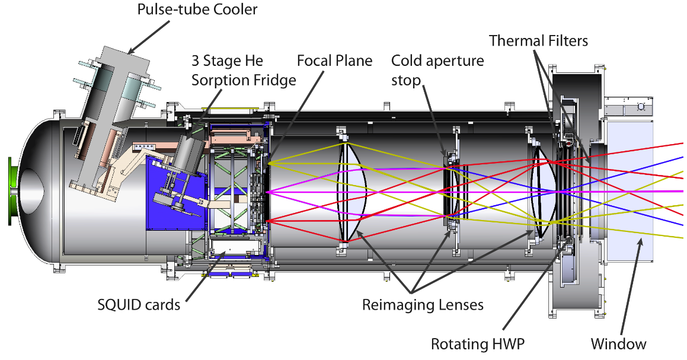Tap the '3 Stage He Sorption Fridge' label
(x=243, y=71)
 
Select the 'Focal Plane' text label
(x=334, y=60)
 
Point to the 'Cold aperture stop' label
(x=437, y=70)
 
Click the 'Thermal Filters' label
(x=538, y=41)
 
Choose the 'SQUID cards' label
(x=138, y=305)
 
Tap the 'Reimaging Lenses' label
(x=423, y=305)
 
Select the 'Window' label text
(x=618, y=343)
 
